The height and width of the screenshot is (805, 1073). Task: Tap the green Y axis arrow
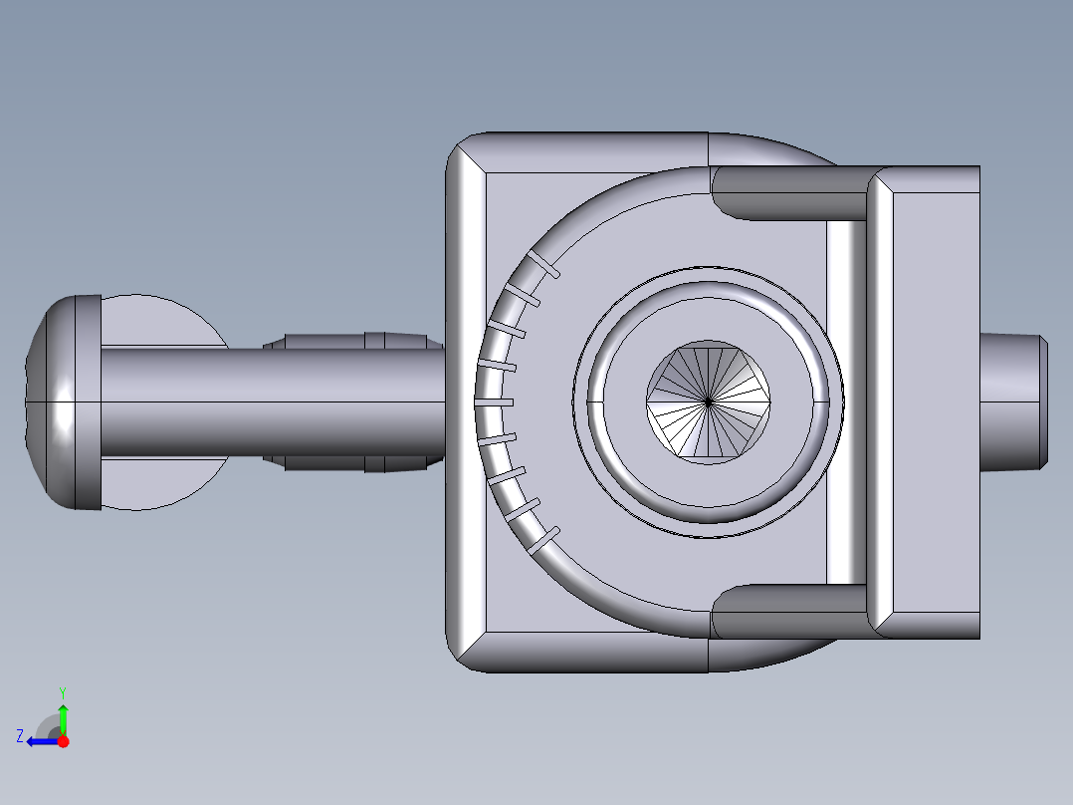point(63,715)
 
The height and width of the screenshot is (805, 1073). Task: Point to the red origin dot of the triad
point(63,741)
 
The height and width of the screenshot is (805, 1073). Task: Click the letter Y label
point(63,691)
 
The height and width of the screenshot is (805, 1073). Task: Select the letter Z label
point(20,736)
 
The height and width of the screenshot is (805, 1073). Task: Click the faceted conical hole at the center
point(708,402)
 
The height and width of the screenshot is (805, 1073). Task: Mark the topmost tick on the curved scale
point(543,264)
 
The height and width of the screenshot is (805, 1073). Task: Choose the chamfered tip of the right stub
point(1044,402)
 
